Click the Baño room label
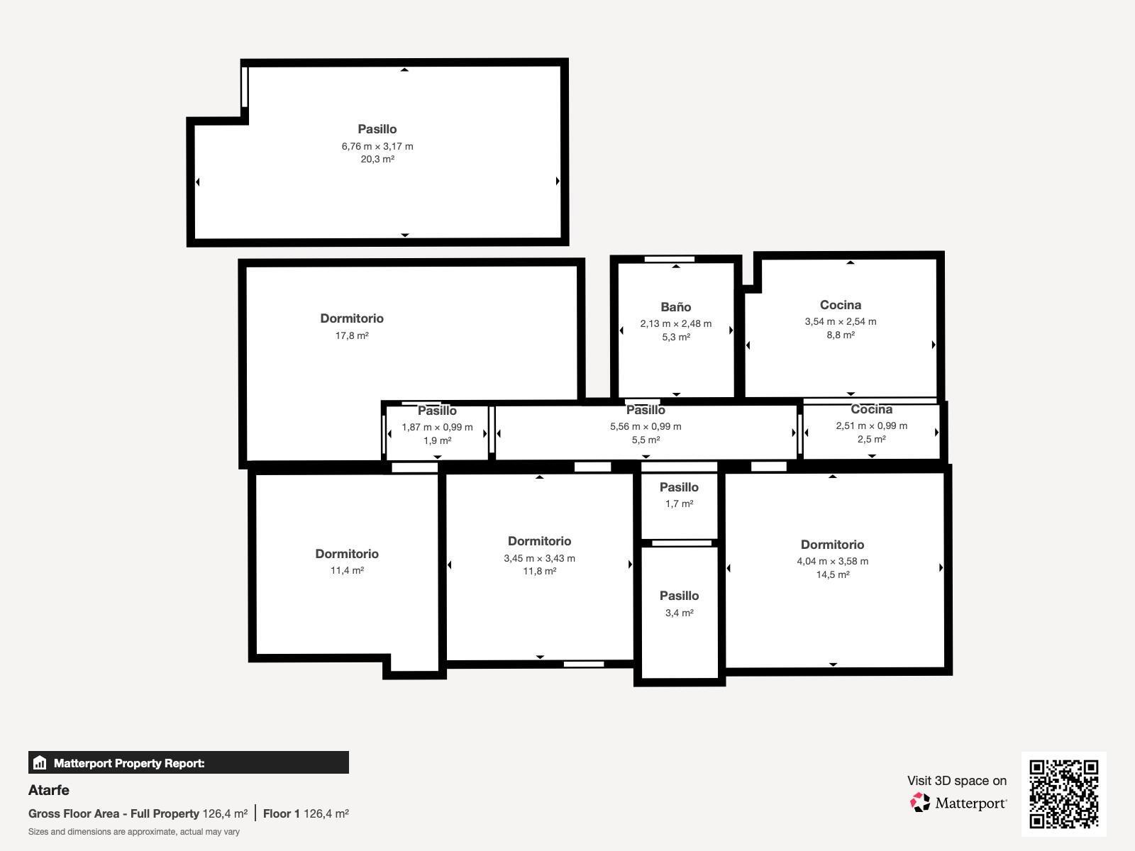click(x=675, y=307)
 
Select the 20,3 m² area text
click(x=377, y=160)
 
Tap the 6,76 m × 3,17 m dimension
click(x=377, y=146)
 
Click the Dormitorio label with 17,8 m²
click(x=352, y=318)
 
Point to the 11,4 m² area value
click(x=347, y=570)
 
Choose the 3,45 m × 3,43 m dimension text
click(x=539, y=558)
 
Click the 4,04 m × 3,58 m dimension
click(x=832, y=561)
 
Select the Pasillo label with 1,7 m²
click(x=679, y=487)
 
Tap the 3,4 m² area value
click(x=679, y=613)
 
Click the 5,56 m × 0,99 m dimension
click(x=646, y=426)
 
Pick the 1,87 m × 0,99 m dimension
click(x=437, y=427)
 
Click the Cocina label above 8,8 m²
click(x=841, y=305)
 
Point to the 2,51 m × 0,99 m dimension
click(x=871, y=425)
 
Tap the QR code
click(x=1063, y=794)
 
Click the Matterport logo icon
click(x=921, y=802)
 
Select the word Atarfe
click(x=49, y=790)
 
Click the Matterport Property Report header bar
click(x=188, y=763)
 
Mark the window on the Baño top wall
click(x=669, y=260)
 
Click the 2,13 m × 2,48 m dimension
click(x=675, y=323)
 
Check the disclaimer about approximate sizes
click(x=134, y=832)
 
